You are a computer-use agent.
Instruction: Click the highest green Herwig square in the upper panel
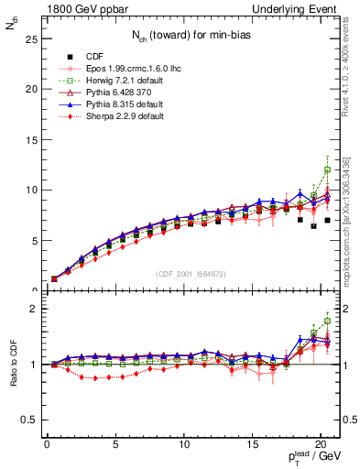327,169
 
